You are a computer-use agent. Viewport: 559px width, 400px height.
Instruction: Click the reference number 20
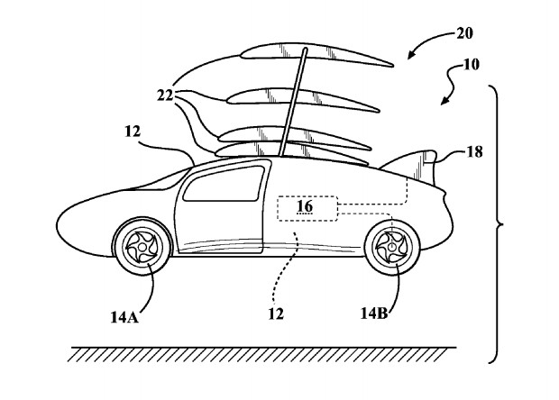[x=463, y=33]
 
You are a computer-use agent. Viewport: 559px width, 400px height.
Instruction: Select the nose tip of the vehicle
[x=59, y=220]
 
